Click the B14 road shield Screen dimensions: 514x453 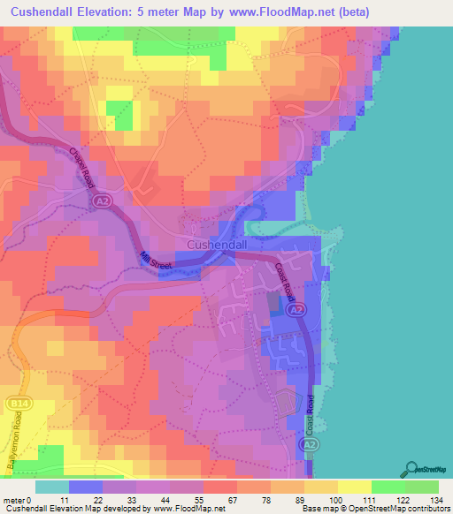click(18, 403)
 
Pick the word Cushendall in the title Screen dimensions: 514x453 click(43, 12)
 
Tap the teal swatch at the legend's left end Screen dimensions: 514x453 click(51, 487)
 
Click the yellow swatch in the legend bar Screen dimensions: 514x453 click(355, 487)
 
